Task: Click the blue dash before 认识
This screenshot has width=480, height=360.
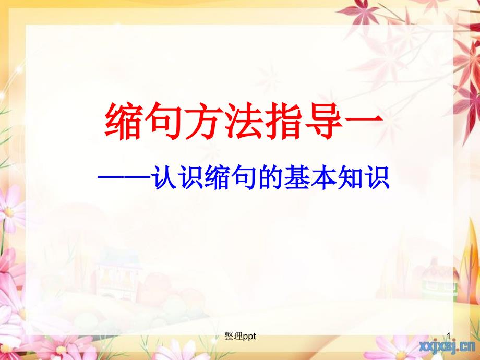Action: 124,177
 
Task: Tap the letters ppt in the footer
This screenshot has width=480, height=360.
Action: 249,337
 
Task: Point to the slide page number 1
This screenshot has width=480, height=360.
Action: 449,337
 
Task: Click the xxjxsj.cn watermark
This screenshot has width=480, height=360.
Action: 447,346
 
